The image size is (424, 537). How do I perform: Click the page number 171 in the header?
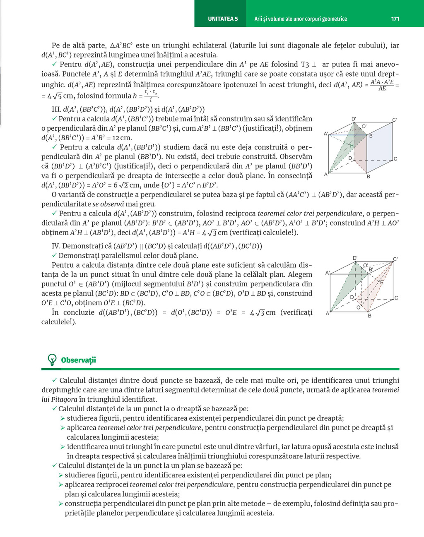[x=395, y=19]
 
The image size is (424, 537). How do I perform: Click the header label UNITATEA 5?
[x=223, y=19]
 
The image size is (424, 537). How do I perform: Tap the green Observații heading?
[x=78, y=360]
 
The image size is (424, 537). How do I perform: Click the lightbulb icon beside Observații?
[x=52, y=360]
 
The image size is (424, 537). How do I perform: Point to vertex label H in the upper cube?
[x=352, y=146]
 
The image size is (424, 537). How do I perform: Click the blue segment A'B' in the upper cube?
[x=348, y=134]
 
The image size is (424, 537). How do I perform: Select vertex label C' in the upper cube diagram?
[x=395, y=120]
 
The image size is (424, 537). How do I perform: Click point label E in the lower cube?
[x=381, y=283]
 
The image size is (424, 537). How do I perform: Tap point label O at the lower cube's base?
[x=358, y=307]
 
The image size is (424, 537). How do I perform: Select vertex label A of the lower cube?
[x=327, y=314]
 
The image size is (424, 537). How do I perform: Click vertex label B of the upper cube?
[x=368, y=177]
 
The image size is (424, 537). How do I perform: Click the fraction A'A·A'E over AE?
[x=382, y=85]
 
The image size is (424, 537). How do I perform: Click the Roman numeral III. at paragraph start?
[x=56, y=109]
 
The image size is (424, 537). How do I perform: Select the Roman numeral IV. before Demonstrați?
[x=56, y=246]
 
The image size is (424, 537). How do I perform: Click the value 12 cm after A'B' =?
[x=122, y=138]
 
